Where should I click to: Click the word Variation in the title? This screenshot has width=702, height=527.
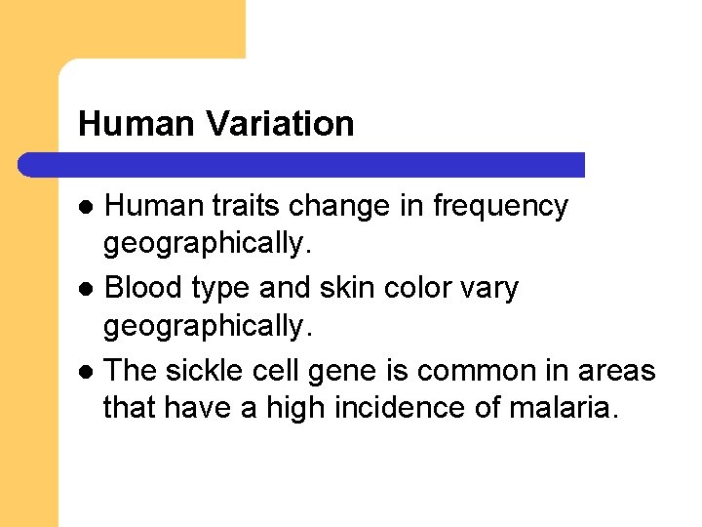pos(281,124)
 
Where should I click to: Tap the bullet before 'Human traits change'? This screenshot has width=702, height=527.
pos(88,208)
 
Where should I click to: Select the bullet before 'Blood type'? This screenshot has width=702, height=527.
pos(88,290)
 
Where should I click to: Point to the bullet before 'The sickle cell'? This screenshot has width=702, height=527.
pos(88,372)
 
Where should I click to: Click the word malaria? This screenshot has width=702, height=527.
pos(564,407)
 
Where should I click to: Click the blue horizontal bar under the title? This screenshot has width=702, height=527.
pos(302,165)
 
